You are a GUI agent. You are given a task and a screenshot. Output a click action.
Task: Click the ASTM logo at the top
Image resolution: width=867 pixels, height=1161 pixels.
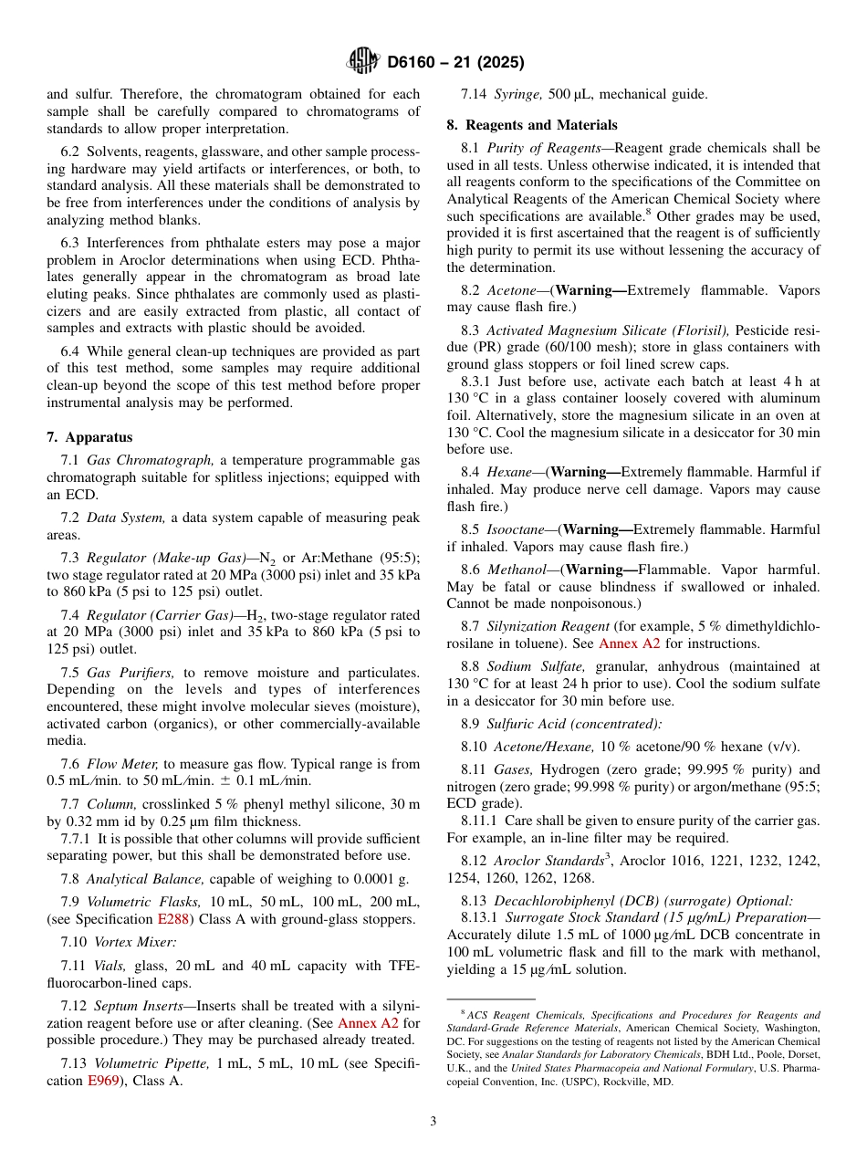[x=363, y=62]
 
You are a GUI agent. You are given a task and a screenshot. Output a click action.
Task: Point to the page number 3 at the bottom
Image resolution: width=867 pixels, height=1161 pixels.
[x=433, y=1121]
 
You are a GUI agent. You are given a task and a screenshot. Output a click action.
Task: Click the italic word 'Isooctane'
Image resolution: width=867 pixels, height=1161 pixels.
[x=517, y=529]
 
